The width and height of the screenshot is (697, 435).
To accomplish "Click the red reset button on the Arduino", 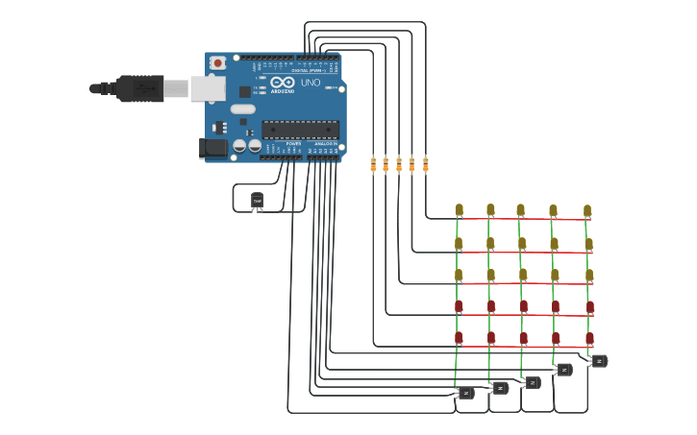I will tap(218, 63).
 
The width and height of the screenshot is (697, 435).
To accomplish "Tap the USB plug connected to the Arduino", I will tap(139, 88).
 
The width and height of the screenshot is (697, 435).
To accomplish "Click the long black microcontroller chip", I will tap(300, 130).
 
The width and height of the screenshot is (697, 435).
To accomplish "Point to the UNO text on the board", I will tap(311, 83).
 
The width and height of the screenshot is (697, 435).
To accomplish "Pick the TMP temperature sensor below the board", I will tap(257, 200).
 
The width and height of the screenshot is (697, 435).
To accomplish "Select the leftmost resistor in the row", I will tap(373, 165).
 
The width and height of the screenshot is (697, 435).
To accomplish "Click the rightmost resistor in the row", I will tap(425, 165).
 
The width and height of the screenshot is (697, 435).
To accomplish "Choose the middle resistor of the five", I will tap(399, 165).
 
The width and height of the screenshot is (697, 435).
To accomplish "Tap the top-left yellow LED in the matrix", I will tap(459, 209).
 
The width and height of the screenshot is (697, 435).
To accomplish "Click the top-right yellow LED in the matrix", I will tap(587, 210).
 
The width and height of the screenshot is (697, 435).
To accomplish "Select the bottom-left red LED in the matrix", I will tap(459, 337).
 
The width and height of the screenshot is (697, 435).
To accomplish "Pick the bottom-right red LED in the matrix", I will tap(589, 338).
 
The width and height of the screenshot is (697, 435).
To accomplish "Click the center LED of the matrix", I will tap(522, 275).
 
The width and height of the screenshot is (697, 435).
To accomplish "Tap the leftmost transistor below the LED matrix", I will tap(465, 393).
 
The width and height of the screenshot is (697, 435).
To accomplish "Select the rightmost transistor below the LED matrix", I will tap(598, 361).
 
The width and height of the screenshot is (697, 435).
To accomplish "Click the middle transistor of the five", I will tap(532, 382).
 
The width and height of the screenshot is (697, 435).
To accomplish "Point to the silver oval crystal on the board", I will tap(243, 109).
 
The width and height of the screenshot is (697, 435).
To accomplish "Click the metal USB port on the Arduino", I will tap(207, 88).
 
